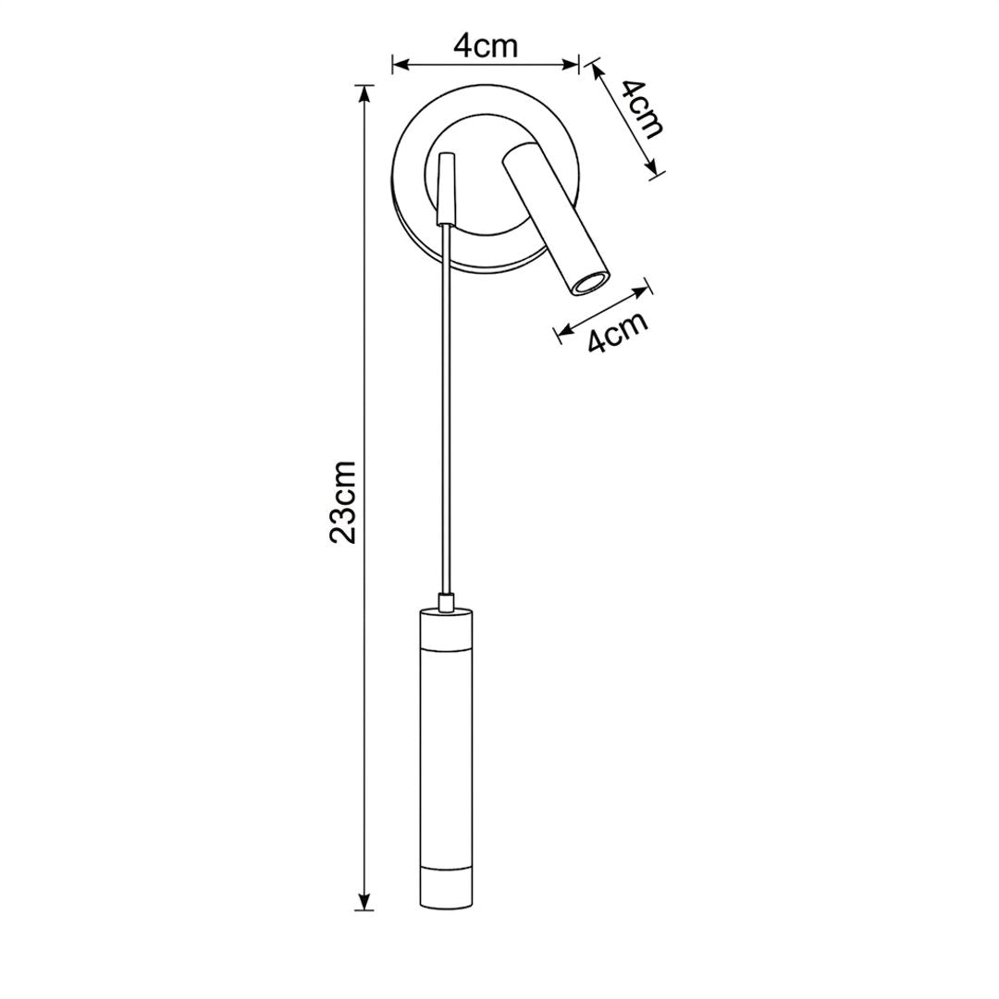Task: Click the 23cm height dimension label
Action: coord(342,501)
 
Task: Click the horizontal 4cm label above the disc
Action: coord(486,46)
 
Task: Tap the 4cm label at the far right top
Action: coord(642,109)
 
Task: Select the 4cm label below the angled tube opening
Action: coord(617,331)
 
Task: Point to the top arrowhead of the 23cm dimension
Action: coord(364,94)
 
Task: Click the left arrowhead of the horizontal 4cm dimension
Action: coord(401,64)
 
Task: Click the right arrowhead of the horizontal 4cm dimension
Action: coord(569,64)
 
